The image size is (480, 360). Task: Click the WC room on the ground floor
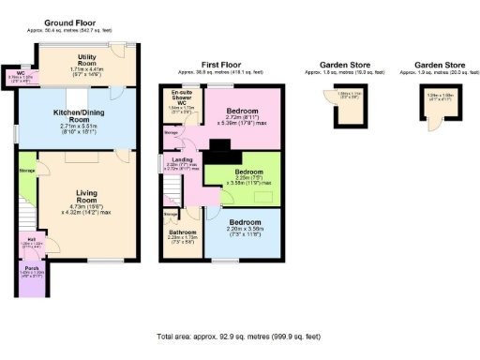21,74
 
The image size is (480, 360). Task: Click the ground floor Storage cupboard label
28,171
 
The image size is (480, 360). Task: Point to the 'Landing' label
183,160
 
